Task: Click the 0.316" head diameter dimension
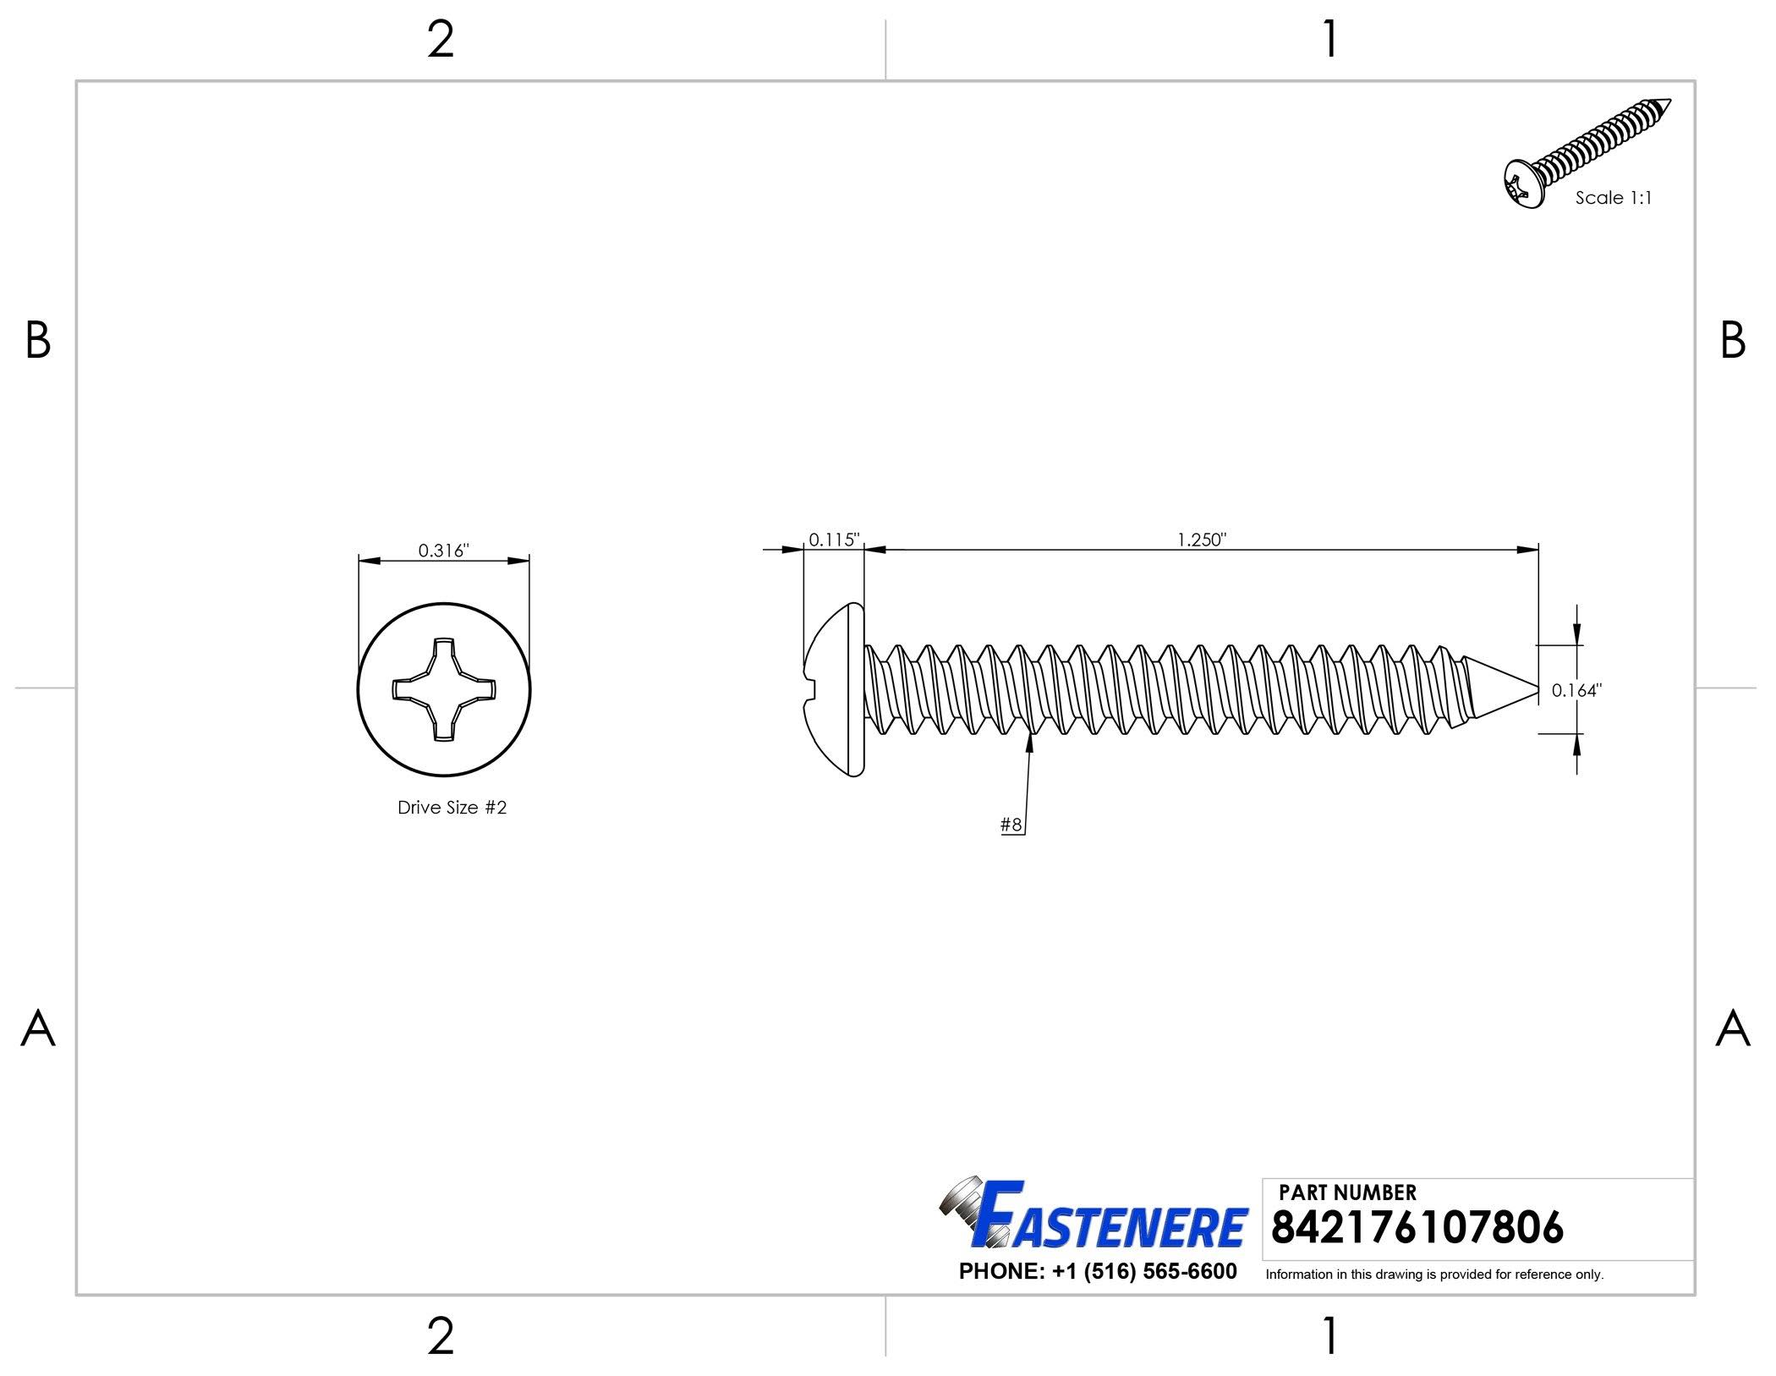(x=443, y=551)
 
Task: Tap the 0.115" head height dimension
(x=833, y=540)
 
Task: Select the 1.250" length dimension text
(x=1201, y=540)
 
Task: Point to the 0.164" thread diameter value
(x=1576, y=690)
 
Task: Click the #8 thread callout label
(x=1011, y=825)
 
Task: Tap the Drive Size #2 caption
(x=452, y=808)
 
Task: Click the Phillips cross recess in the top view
(x=443, y=689)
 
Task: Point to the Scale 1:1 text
(x=1613, y=198)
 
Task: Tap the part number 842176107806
(x=1417, y=1227)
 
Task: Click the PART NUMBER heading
(x=1347, y=1192)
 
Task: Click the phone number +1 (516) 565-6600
(x=1098, y=1271)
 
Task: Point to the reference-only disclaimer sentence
(x=1434, y=1275)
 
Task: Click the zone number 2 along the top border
(x=441, y=40)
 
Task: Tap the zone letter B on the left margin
(x=38, y=341)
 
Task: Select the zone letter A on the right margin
(x=1733, y=1029)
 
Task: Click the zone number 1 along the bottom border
(x=1330, y=1337)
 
